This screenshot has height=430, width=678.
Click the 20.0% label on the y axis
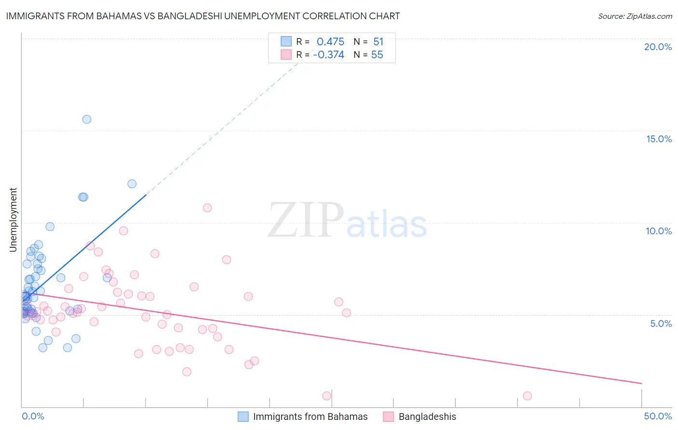tap(658, 47)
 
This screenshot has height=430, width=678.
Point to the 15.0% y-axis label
tap(659, 139)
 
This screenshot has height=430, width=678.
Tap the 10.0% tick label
tap(659, 231)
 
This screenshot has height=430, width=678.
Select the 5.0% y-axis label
tap(661, 323)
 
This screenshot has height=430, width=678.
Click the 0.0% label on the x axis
tap(33, 416)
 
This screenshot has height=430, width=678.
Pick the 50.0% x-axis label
tap(658, 416)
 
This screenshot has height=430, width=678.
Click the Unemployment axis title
tap(13, 220)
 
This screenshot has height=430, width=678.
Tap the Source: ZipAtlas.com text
tap(635, 16)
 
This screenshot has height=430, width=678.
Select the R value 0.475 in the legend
tap(330, 41)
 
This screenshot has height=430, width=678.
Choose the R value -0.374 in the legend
tap(328, 55)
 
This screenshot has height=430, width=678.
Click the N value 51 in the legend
tap(378, 41)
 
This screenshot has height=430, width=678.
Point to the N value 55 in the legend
tap(377, 55)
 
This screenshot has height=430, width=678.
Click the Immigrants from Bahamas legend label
tap(310, 417)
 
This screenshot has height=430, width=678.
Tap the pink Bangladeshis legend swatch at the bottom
tap(388, 417)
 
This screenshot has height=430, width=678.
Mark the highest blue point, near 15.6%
tap(87, 119)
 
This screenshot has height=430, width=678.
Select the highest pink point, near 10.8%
tap(207, 208)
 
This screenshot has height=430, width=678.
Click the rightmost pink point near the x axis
tap(527, 396)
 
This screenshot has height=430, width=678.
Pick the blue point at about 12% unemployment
tap(132, 184)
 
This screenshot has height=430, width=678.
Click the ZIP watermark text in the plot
tap(306, 220)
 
